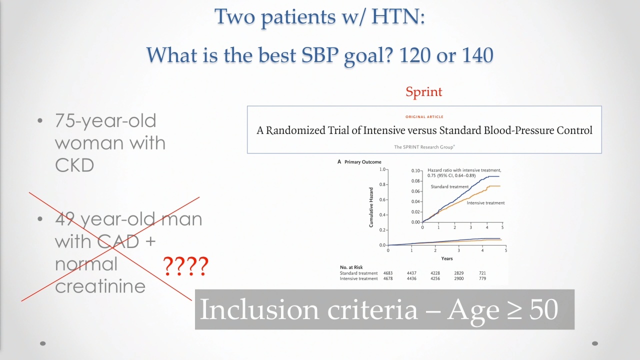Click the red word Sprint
(423, 92)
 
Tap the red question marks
(185, 266)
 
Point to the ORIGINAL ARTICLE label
(424, 117)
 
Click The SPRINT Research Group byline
(424, 147)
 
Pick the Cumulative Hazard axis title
(371, 207)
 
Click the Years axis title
(447, 258)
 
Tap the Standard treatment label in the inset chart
(449, 186)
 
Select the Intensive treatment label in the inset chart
(485, 203)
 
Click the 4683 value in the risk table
(388, 273)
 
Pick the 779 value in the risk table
(482, 278)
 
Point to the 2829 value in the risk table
(459, 273)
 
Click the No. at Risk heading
(351, 267)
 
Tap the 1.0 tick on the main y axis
(382, 169)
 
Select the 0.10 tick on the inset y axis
(415, 170)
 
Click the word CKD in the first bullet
(74, 165)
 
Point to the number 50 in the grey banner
(543, 309)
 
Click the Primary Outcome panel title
(363, 162)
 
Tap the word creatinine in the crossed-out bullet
(100, 286)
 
